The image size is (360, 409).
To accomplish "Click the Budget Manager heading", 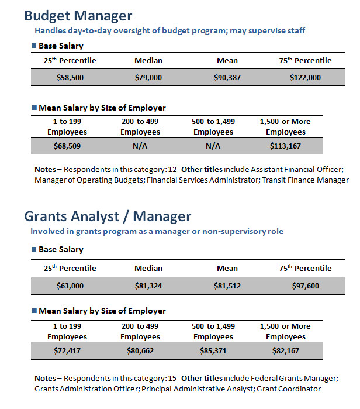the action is pos(78,16).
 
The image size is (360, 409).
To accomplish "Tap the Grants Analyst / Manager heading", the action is pos(108,216).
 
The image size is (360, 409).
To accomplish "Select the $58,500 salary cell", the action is pos(70,77).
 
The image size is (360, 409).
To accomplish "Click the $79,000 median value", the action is pos(148,77).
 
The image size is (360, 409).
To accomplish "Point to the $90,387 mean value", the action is pos(227,77).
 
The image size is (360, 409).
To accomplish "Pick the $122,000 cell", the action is pos(305,77).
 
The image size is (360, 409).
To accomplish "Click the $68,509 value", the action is pos(67,146).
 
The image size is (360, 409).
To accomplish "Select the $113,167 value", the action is pos(285,146).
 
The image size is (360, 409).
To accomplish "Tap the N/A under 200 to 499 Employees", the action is pos(140,146).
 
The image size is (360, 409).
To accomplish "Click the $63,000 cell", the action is pos(70,286).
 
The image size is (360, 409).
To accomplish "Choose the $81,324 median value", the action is pos(148,286).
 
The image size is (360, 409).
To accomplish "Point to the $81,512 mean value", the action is pos(227,286).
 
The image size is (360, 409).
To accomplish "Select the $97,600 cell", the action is pos(305,286).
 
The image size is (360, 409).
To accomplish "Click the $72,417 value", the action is pos(67,351).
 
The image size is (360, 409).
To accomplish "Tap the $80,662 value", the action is pos(140,351).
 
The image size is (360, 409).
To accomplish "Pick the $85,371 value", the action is pos(213,351).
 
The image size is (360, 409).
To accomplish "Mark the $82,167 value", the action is pos(286,351).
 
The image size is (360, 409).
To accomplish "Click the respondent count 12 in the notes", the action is pos(172,170).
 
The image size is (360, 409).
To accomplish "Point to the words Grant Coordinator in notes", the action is pos(289,389).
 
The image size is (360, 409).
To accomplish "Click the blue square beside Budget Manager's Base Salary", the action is pos(34,46).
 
